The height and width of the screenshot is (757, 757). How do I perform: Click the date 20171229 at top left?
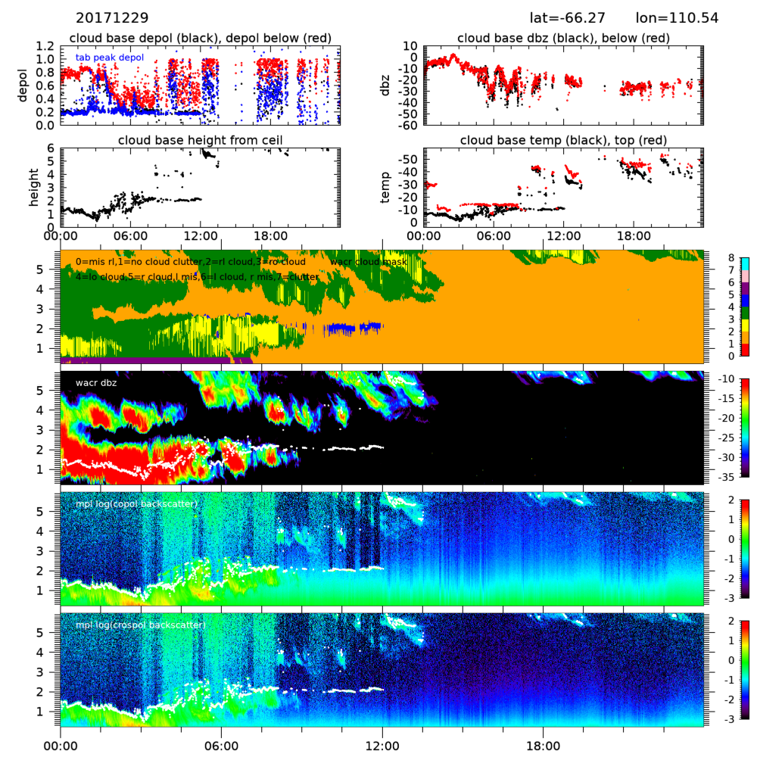click(x=112, y=17)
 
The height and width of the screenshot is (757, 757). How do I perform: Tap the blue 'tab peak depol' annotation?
click(x=109, y=57)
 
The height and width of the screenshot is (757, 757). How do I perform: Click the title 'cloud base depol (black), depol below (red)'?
click(x=199, y=39)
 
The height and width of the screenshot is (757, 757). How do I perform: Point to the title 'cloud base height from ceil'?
click(x=199, y=140)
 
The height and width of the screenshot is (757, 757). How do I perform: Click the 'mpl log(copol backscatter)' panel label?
click(x=136, y=503)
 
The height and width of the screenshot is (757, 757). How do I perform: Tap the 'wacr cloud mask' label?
click(x=369, y=261)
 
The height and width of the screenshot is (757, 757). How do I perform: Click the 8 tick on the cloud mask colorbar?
click(x=731, y=257)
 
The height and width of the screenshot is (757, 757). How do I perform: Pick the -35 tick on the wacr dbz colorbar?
click(x=735, y=477)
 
